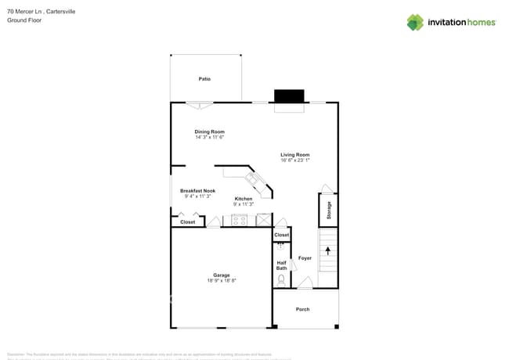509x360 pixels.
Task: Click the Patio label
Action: [x=204, y=79]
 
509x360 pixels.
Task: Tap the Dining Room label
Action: [x=210, y=131]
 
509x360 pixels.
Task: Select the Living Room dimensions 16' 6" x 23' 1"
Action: [x=295, y=160]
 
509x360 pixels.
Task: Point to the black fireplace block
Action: [x=288, y=96]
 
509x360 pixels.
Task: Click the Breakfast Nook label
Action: [x=197, y=191]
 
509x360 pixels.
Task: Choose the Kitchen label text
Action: [x=244, y=199]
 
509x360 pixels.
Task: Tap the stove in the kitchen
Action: [x=239, y=221]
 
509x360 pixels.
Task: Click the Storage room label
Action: [x=329, y=211]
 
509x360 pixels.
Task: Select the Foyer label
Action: [x=305, y=258]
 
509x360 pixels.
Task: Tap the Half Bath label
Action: [x=282, y=265]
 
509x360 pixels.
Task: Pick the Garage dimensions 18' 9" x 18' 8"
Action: [x=222, y=280]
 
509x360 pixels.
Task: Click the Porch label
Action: [x=302, y=309]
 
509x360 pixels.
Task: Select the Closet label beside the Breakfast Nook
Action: [x=188, y=222]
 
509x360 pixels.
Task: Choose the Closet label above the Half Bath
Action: [x=281, y=235]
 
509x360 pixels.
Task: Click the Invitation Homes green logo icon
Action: [x=415, y=22]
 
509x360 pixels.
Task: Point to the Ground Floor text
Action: [x=24, y=20]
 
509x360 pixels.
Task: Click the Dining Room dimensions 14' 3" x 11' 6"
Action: [x=210, y=137]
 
